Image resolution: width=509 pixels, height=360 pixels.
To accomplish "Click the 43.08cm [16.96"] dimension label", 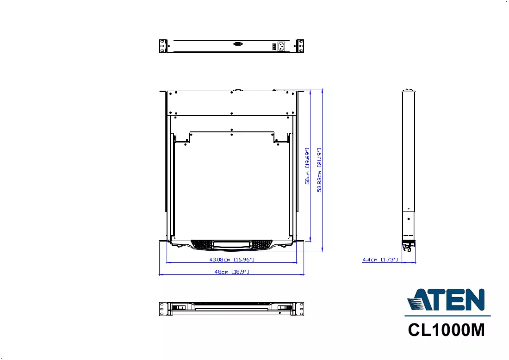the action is (232, 260).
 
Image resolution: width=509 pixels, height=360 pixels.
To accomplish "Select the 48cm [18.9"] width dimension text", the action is (232, 272).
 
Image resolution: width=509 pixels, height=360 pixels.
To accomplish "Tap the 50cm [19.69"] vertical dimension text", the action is (307, 166).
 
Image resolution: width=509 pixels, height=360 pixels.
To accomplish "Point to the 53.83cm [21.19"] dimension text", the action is (319, 170).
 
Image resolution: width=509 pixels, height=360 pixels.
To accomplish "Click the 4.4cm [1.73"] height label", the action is (380, 260).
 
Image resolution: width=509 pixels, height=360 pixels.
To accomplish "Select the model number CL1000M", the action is (447, 330).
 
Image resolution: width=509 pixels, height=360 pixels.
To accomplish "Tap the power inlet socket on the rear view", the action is (281, 46).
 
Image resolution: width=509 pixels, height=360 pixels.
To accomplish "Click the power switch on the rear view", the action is (274, 47).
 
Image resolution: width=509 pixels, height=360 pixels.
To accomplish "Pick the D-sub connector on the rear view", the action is (238, 44).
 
